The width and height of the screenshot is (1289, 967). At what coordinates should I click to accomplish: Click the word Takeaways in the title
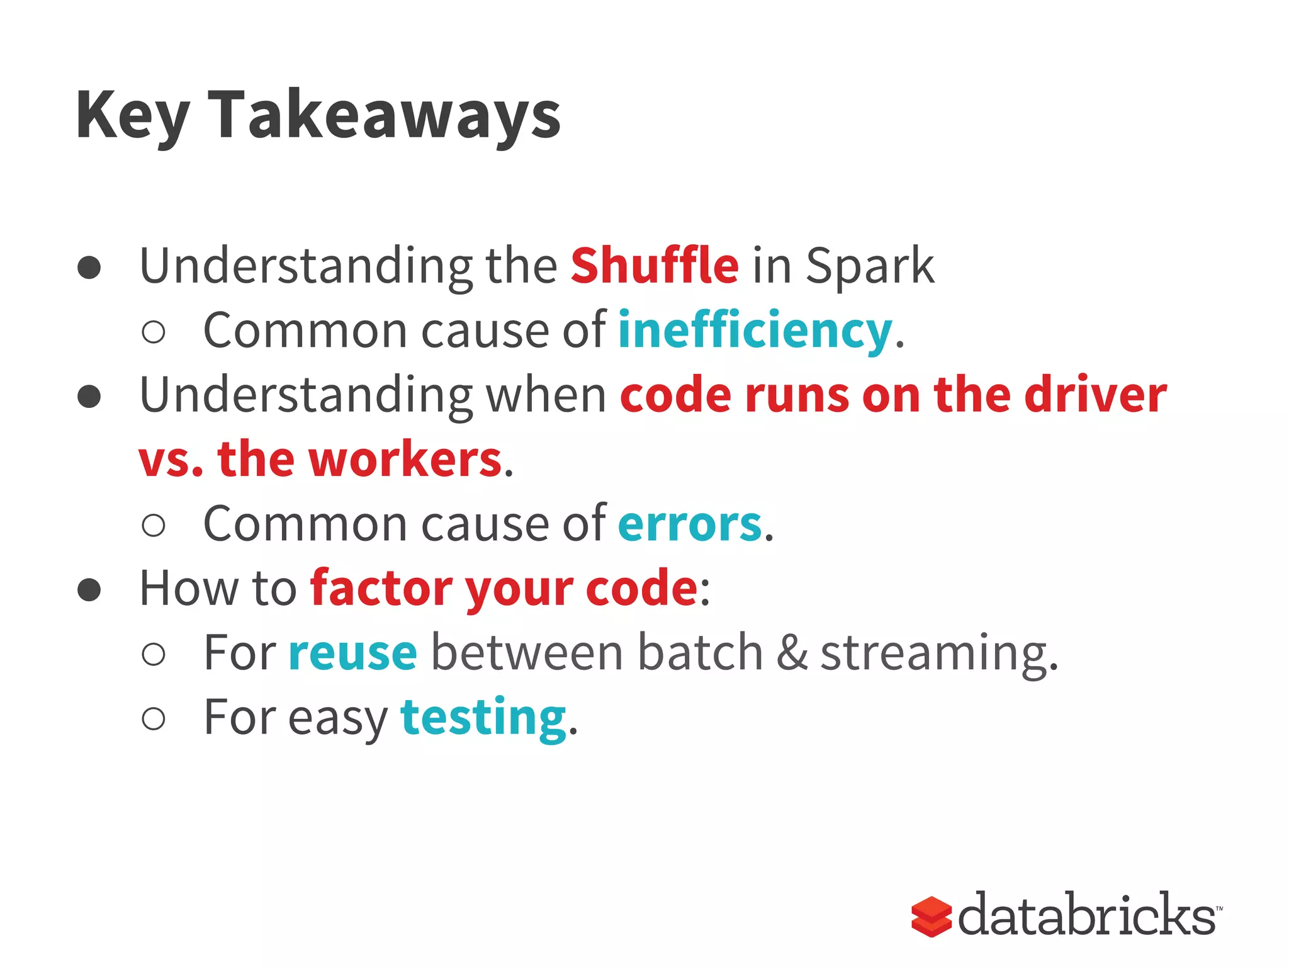pos(384,115)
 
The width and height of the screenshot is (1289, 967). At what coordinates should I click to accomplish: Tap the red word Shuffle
pos(655,266)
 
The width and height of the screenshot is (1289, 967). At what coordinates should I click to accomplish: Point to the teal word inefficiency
pos(755,331)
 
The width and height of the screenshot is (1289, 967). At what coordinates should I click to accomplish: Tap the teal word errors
pos(690,524)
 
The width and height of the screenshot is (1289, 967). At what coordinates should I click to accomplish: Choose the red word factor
pos(381,588)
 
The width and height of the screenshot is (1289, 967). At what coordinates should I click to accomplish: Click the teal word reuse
pos(352,653)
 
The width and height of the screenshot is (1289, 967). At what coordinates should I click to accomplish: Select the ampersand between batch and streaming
pos(792,653)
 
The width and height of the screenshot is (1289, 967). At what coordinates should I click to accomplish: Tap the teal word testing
pos(483,718)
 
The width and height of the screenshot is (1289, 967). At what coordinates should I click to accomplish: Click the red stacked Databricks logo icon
pos(931,917)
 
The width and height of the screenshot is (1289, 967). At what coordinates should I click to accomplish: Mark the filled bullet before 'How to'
pos(89,589)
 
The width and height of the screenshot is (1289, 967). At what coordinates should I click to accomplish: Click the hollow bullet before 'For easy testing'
pos(154,718)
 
